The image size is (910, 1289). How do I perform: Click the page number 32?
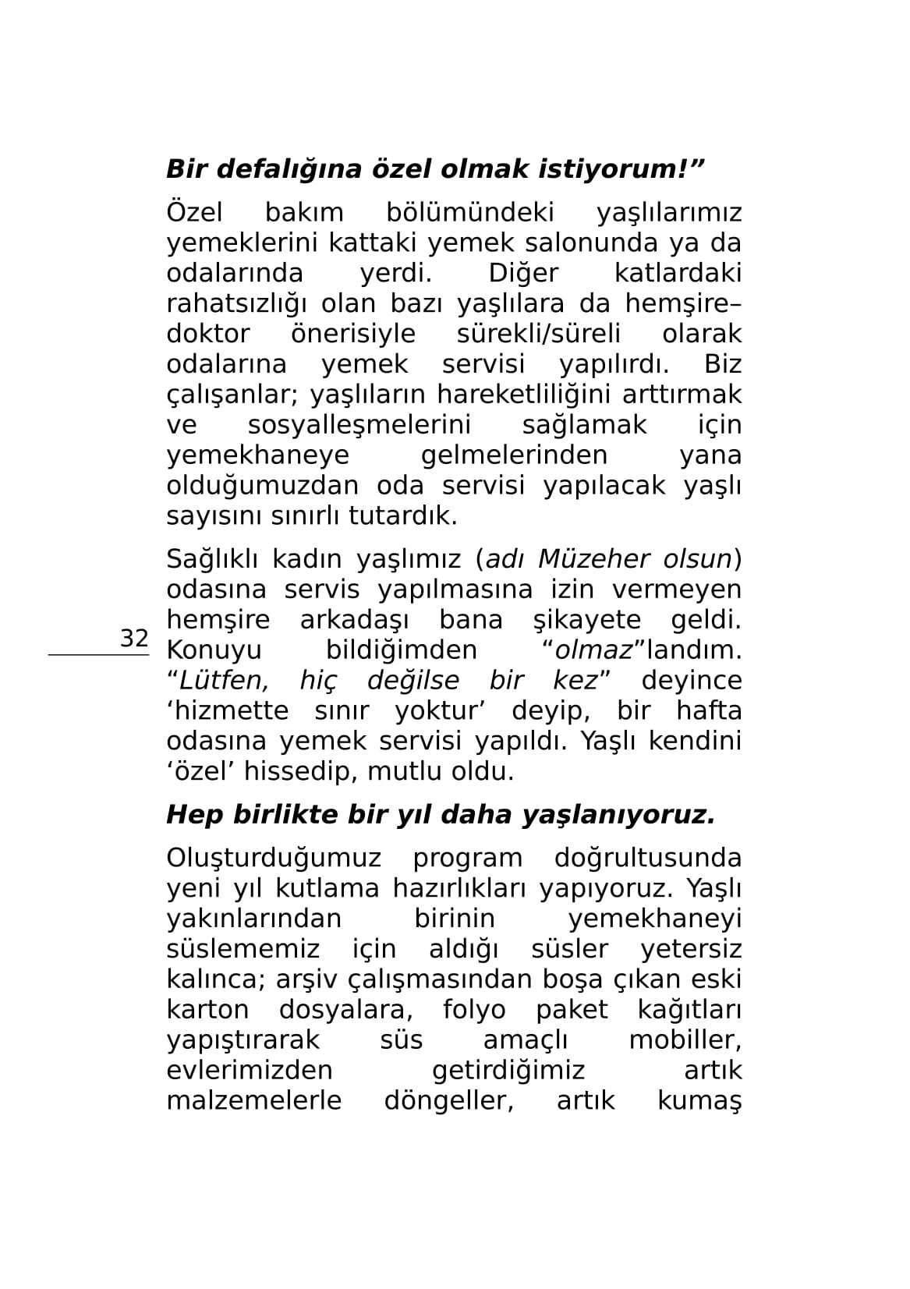(134, 638)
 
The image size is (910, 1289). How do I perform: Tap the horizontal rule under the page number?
(98, 655)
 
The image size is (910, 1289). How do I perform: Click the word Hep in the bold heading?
(195, 815)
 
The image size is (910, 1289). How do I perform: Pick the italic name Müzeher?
(593, 559)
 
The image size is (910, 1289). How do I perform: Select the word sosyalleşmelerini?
(359, 425)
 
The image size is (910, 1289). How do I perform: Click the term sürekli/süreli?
(539, 334)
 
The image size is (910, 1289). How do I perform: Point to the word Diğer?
(523, 273)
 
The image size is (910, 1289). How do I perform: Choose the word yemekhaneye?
(258, 455)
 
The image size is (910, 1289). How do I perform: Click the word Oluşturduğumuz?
(274, 858)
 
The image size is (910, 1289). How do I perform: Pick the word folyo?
(474, 1010)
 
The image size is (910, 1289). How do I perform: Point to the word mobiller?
(685, 1040)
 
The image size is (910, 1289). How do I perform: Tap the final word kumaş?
(699, 1101)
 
